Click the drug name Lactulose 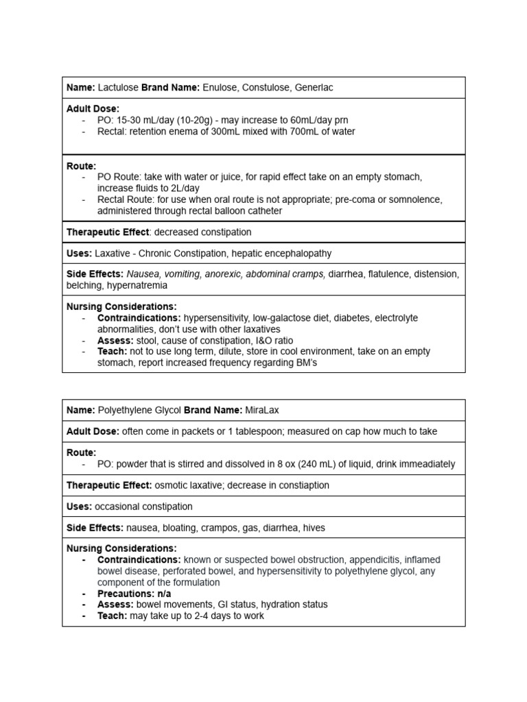(118, 87)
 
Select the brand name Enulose (221, 87)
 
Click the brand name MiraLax (261, 410)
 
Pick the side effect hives (312, 528)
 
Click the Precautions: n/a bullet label (134, 593)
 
